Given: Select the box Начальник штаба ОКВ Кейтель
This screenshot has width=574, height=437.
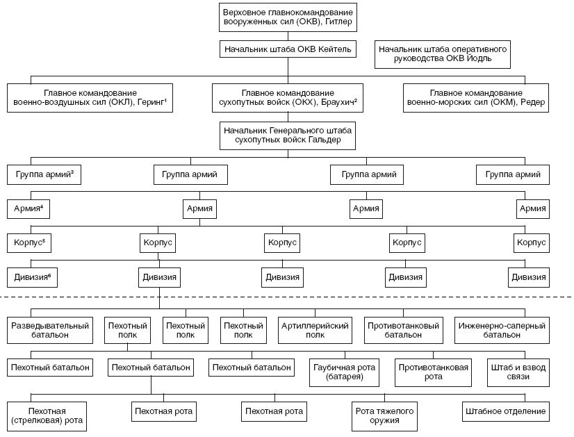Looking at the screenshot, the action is (288, 49).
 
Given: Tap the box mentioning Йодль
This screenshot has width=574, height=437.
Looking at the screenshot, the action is (442, 54).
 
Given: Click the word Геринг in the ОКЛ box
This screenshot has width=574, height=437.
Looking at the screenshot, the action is (151, 103).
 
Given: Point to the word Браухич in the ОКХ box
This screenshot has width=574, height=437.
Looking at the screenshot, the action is (337, 103).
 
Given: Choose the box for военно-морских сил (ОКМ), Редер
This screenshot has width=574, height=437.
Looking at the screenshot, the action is (476, 98).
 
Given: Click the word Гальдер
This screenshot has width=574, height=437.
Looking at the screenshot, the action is (325, 140).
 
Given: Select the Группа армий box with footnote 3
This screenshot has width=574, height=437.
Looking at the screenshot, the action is (44, 174).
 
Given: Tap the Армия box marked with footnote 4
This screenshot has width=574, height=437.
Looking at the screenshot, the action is (28, 209).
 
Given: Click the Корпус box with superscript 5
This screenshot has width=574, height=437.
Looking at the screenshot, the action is (29, 243).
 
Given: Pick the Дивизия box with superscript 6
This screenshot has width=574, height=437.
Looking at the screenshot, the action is (32, 277).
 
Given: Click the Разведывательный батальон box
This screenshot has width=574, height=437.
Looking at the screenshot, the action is (50, 331).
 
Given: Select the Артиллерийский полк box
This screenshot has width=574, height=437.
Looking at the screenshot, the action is (315, 331).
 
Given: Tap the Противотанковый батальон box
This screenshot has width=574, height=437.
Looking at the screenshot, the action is (404, 331).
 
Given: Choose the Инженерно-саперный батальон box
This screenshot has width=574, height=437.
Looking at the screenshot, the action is (502, 331).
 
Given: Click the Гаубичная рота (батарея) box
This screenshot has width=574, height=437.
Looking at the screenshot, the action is (344, 372).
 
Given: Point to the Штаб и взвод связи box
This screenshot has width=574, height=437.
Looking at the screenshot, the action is (518, 372).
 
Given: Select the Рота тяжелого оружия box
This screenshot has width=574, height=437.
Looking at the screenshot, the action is (384, 416).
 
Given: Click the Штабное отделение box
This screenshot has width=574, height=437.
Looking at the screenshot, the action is (505, 412).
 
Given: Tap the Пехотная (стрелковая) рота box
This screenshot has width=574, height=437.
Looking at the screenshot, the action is (47, 416).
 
